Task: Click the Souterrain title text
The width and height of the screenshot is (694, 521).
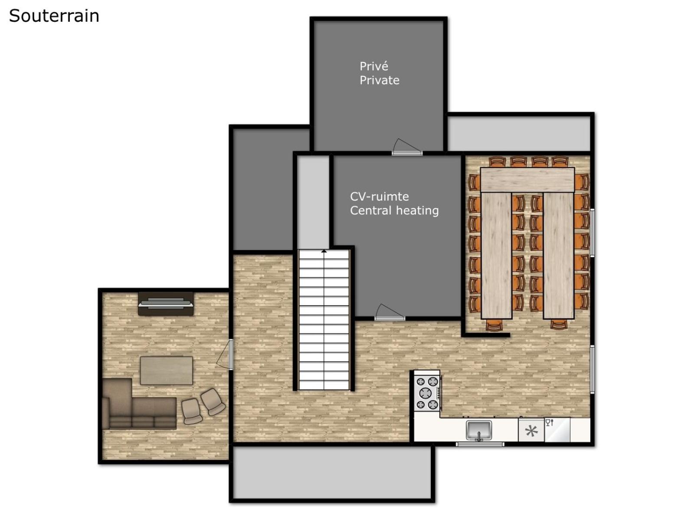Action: click(x=54, y=16)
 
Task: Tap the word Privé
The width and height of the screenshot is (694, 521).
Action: click(x=374, y=66)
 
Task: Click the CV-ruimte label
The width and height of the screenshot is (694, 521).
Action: click(x=379, y=196)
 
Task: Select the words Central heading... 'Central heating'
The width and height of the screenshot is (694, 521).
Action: click(x=394, y=211)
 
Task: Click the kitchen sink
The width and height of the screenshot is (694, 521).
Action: click(x=479, y=430)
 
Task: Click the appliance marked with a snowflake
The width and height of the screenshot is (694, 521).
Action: click(x=531, y=430)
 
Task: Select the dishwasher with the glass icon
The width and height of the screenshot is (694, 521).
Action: click(x=557, y=430)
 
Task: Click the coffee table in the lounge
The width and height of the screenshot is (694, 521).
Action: click(x=166, y=370)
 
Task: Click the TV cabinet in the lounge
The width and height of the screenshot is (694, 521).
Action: click(x=166, y=303)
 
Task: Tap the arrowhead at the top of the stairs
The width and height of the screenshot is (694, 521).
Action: click(x=324, y=251)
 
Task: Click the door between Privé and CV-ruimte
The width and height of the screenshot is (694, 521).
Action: click(x=407, y=147)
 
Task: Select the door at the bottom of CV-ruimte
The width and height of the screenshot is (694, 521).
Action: click(x=390, y=313)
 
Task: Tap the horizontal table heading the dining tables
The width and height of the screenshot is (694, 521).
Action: click(x=527, y=180)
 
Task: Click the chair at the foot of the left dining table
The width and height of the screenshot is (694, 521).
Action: click(x=494, y=325)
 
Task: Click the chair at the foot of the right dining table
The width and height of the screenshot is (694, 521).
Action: click(x=559, y=325)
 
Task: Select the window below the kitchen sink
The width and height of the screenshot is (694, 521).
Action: click(x=480, y=445)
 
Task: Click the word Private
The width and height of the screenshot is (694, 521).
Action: click(x=380, y=80)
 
